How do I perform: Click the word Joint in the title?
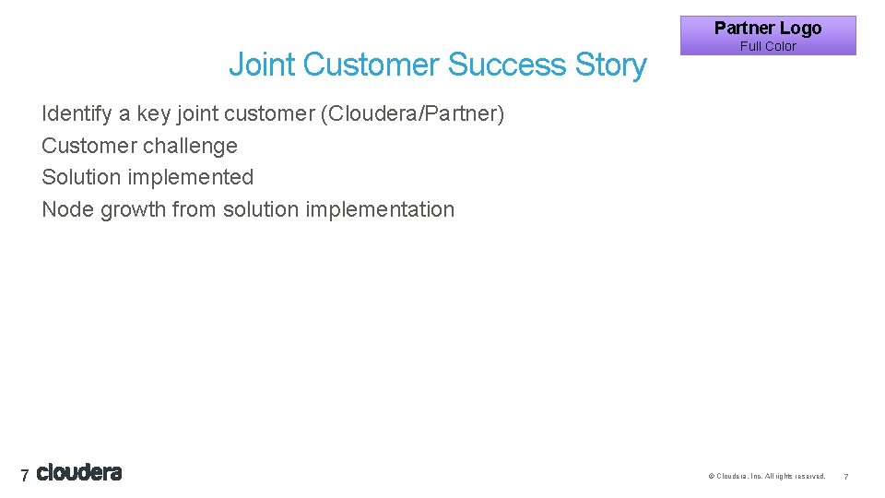point(262,65)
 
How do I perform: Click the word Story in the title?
point(610,65)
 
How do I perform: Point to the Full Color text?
point(768,46)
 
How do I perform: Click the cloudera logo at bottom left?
point(79,473)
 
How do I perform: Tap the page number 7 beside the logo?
point(25,476)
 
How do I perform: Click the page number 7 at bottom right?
point(845,477)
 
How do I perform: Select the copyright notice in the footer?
point(766,477)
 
